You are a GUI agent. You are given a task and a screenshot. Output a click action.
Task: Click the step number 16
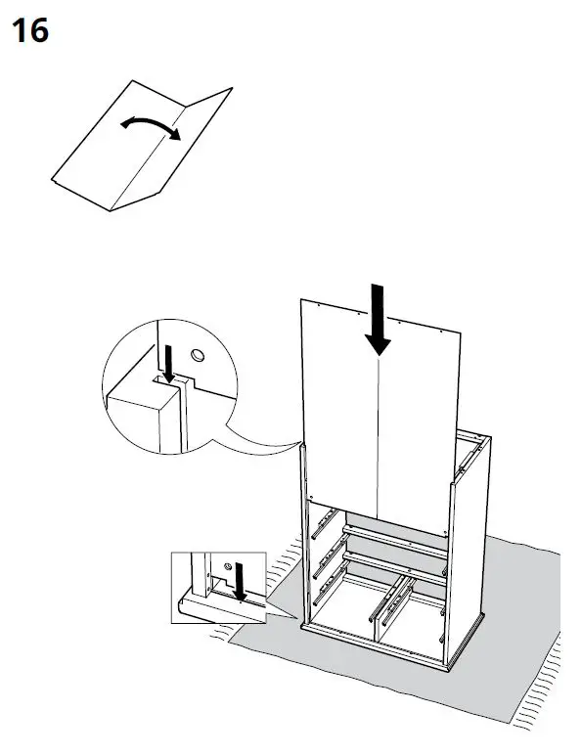click(29, 31)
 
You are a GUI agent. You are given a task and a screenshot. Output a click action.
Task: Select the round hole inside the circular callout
click(197, 354)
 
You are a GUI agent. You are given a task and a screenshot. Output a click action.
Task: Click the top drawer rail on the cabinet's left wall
click(325, 528)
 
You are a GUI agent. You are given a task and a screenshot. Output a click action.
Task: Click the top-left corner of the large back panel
click(300, 300)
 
